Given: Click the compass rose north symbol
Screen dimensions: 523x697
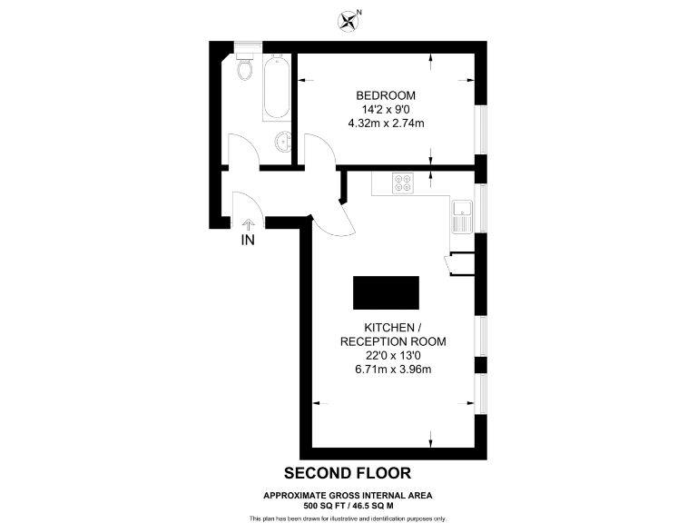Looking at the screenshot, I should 348,19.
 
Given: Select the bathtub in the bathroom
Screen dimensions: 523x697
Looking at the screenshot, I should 277,89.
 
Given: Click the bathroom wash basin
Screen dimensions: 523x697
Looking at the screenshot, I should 283,143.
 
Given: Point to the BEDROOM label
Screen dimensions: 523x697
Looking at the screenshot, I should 386,95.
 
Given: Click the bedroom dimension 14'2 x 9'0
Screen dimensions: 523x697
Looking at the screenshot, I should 386,109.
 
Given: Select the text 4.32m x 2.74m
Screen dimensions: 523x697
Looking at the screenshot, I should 386,123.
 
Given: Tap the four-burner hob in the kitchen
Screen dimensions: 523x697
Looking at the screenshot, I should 402,183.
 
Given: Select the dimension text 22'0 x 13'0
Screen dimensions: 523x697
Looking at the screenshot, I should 393,356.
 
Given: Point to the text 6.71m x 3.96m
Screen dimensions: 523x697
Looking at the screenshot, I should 393,370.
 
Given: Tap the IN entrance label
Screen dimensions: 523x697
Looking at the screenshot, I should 248,241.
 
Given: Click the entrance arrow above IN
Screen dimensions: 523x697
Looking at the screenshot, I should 248,222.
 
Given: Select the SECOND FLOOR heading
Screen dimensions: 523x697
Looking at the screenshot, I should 348,473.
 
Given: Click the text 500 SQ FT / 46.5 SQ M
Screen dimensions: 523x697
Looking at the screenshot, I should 348,504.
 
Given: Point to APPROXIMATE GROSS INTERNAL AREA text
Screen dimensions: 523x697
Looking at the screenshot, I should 348,495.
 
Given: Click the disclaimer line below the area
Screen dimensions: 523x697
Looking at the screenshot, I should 348,518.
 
